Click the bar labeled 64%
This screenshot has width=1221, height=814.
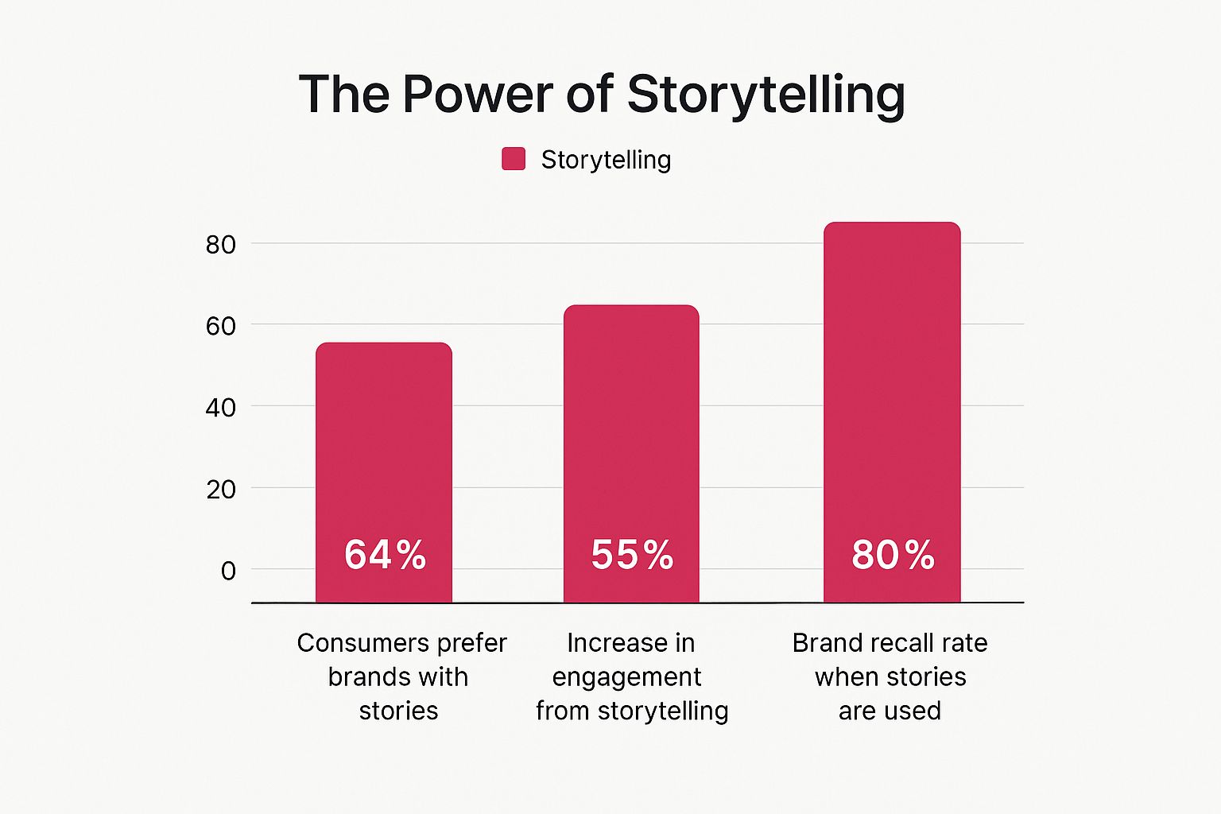(384, 472)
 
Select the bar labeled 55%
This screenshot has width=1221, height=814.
(631, 454)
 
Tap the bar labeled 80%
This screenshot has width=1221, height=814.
(892, 413)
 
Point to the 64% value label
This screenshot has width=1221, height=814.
(385, 555)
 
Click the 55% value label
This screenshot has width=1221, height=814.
(632, 555)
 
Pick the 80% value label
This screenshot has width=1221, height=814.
(893, 555)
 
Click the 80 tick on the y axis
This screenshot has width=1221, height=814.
(221, 245)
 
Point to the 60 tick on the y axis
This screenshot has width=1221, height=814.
(221, 326)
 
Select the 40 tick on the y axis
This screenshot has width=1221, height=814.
(221, 408)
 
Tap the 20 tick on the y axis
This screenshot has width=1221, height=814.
(221, 490)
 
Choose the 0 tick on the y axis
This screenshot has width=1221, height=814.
(228, 571)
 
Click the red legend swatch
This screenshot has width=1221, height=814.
(514, 159)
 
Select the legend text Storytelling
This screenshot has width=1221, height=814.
(607, 161)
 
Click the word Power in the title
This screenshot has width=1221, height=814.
(478, 94)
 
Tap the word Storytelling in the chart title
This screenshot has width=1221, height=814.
(766, 96)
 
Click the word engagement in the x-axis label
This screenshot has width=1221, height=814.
(627, 678)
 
